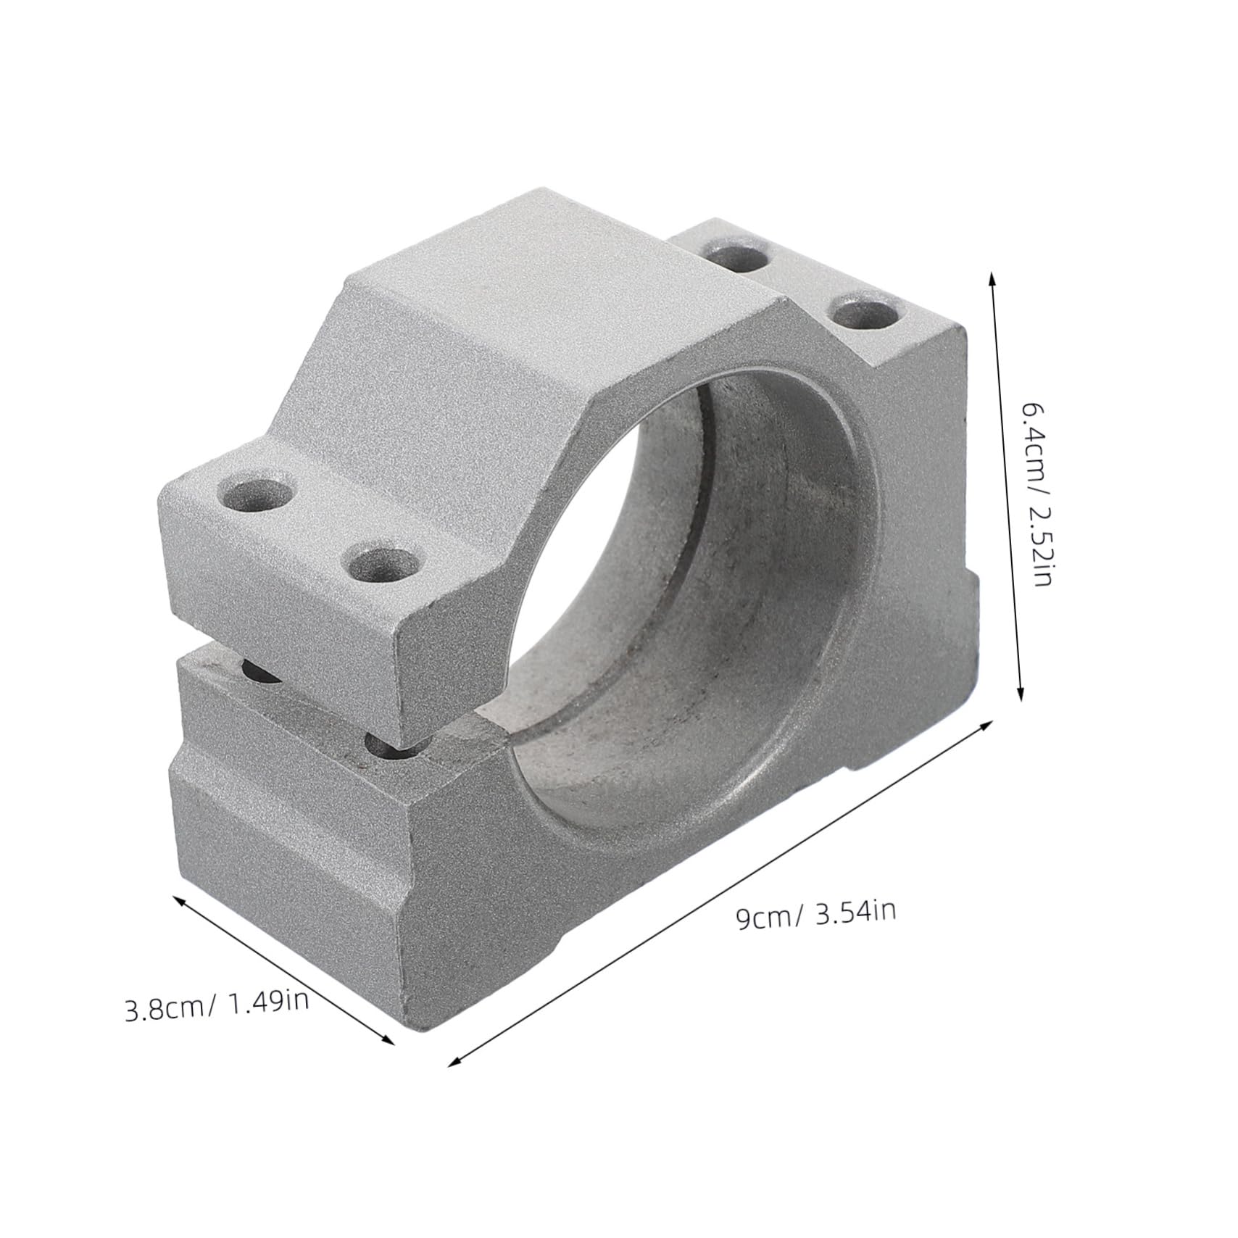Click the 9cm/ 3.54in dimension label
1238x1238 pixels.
coord(815,916)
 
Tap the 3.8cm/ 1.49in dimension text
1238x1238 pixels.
coord(217,1008)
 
